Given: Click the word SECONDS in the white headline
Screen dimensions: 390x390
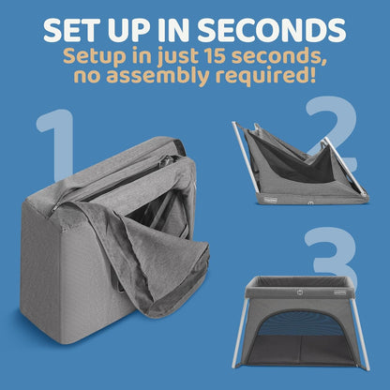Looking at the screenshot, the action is coord(272,30).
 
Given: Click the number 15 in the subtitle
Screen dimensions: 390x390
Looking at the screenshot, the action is coord(215,56).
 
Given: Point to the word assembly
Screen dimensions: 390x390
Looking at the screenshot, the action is coord(158,76).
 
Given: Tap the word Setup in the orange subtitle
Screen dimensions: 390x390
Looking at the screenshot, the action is coord(90,57).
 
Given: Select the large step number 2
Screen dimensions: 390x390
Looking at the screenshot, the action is coord(332,134).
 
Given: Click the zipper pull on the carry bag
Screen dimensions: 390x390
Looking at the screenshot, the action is coord(55,208).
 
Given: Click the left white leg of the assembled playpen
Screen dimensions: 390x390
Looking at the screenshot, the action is coord(240,335).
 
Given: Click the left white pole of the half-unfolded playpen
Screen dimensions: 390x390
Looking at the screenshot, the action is coord(245,157).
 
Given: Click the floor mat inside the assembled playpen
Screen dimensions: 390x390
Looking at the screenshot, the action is coord(299,349).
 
